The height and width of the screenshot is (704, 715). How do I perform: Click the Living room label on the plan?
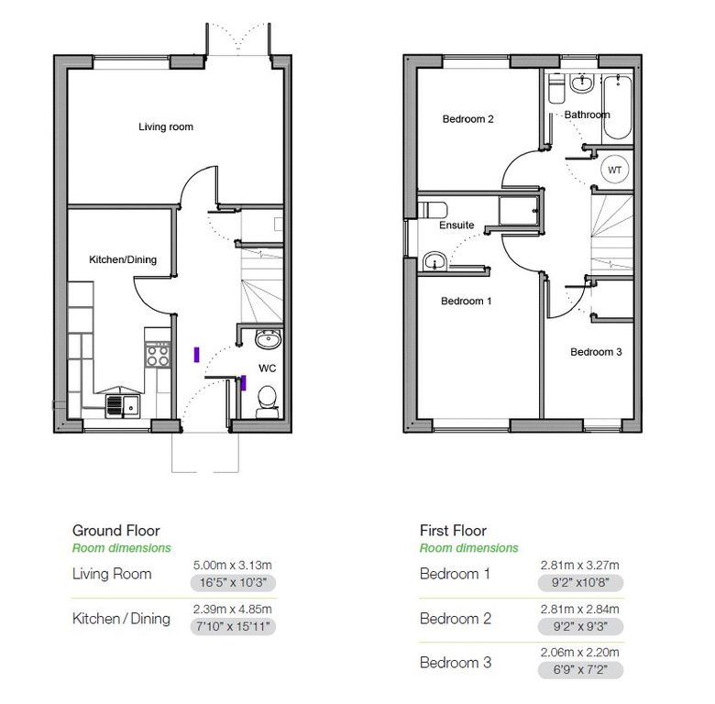(x=166, y=126)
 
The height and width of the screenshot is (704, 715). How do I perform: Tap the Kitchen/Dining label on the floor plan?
(x=123, y=259)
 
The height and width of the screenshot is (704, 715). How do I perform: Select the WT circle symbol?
(x=614, y=170)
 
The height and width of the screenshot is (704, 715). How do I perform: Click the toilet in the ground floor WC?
(x=267, y=401)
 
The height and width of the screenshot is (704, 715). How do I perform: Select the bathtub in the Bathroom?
(x=618, y=107)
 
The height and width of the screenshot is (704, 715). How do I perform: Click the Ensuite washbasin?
(x=435, y=262)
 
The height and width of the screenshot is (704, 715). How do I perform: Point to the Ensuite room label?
(x=456, y=225)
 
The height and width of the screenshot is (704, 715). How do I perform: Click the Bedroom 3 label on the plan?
(x=596, y=352)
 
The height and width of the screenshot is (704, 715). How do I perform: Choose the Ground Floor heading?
(x=115, y=530)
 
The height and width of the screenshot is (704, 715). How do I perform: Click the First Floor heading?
(x=453, y=530)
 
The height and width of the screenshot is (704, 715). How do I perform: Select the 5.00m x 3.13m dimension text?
(x=233, y=565)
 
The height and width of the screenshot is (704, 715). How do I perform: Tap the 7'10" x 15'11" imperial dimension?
(x=233, y=626)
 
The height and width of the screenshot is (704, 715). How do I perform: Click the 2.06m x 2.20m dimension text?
(x=580, y=652)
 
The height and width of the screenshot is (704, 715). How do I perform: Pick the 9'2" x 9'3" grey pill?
(x=580, y=626)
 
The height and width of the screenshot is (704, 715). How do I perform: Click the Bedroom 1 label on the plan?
(x=466, y=301)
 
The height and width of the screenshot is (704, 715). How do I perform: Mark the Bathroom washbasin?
(x=581, y=83)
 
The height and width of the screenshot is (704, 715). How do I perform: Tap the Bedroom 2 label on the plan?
(x=467, y=119)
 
